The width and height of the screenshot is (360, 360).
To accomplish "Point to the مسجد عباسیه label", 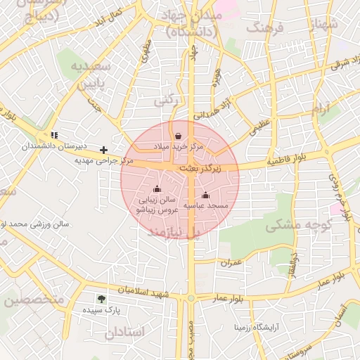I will tap(203, 205).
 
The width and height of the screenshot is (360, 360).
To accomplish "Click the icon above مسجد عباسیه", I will tap(205, 195).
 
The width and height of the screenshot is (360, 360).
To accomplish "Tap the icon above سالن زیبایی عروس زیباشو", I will tap(157, 189).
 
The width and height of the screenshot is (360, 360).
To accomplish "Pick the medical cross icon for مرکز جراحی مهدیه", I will tap(104, 150).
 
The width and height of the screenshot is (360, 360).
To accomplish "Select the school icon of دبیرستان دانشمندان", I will tap(54, 135).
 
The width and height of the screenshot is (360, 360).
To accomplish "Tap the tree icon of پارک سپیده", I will tap(102, 298).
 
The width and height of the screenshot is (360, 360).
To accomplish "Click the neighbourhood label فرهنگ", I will tap(264, 28).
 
